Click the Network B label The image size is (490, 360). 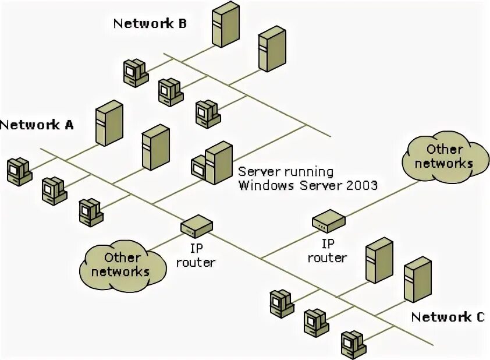click(150, 24)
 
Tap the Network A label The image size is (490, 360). click(37, 125)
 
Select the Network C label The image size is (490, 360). click(447, 317)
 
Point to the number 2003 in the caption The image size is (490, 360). click(362, 185)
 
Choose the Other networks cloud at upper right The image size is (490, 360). click(444, 157)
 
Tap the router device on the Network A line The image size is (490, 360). click(196, 224)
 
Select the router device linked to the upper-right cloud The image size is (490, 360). click(329, 220)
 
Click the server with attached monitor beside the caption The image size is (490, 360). click(212, 163)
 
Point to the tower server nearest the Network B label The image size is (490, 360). click(225, 24)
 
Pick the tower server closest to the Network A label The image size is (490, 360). click(109, 123)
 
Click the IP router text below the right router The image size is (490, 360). click(328, 250)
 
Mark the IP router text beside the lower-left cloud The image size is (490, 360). click(196, 256)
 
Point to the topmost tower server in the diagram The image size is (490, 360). click(225, 24)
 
